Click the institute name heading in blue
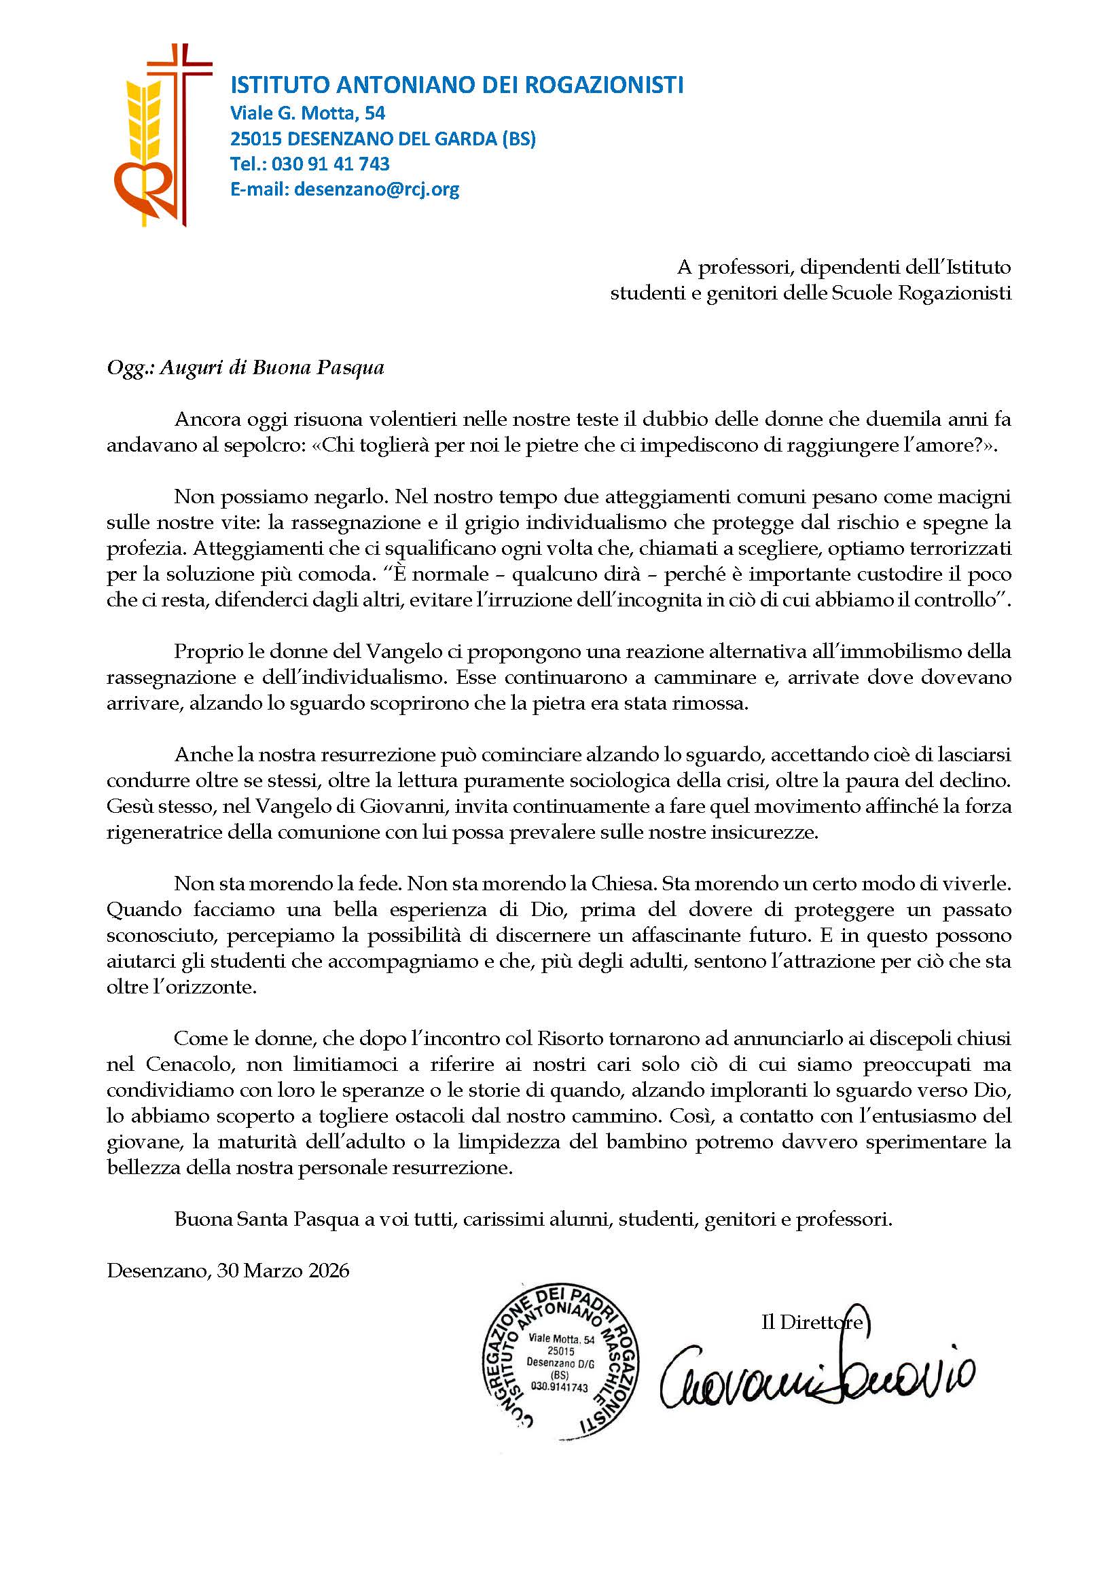click(x=456, y=85)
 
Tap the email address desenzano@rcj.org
click(x=376, y=189)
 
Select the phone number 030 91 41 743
click(x=330, y=164)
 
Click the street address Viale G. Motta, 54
click(x=308, y=112)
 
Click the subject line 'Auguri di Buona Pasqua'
click(x=272, y=367)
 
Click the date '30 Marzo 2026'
click(x=283, y=1271)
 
